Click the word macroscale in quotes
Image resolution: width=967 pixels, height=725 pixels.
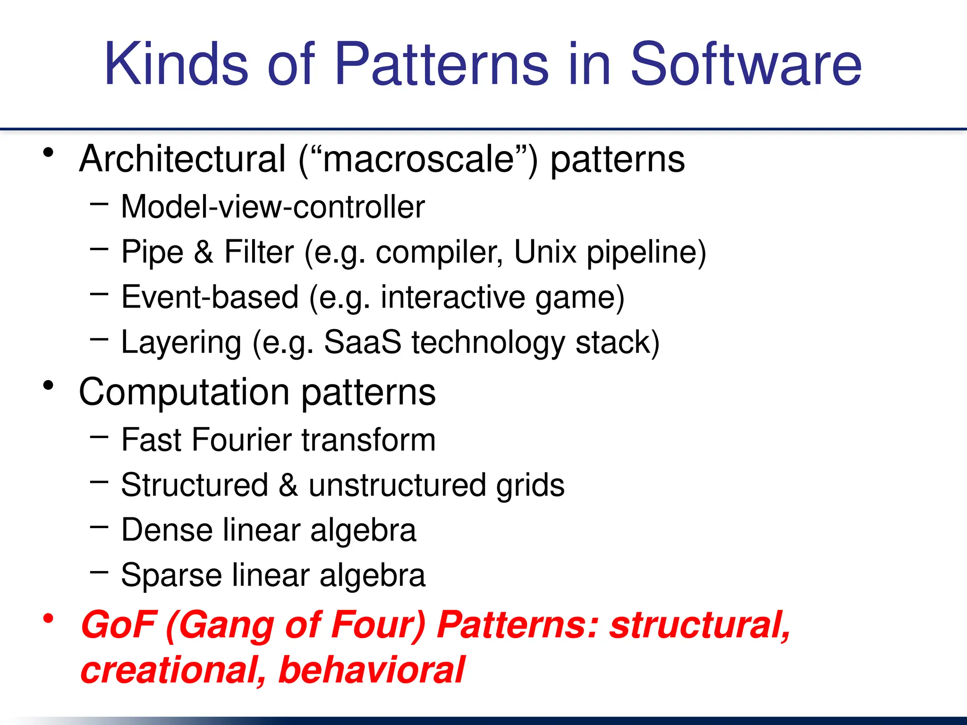click(418, 159)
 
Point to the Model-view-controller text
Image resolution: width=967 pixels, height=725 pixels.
click(273, 207)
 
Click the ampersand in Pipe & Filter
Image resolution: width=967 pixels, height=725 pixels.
click(204, 252)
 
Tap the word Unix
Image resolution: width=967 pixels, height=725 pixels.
click(545, 252)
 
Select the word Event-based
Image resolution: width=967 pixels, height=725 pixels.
click(210, 297)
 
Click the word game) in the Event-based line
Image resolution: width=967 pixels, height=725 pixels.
click(580, 298)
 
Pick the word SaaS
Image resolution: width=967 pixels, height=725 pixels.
click(362, 342)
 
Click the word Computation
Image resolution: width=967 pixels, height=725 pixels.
click(184, 392)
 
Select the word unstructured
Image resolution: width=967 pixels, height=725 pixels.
click(397, 485)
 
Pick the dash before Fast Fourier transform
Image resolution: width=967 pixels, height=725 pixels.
click(99, 437)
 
